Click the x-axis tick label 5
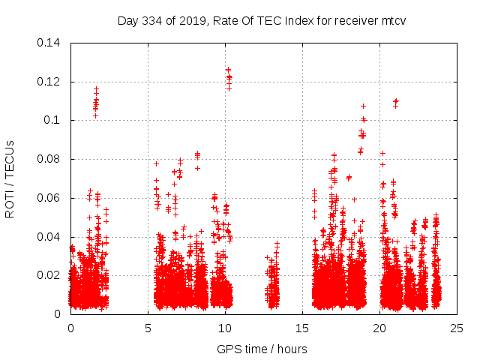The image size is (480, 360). pyautogui.click(x=148, y=328)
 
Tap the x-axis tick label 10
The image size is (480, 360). pyautogui.click(x=225, y=328)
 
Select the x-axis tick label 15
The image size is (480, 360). pyautogui.click(x=302, y=328)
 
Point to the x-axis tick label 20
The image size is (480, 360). pyautogui.click(x=380, y=328)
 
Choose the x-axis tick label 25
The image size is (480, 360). pyautogui.click(x=457, y=328)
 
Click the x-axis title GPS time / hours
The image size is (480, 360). pyautogui.click(x=262, y=349)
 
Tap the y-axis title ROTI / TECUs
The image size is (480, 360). pyautogui.click(x=10, y=178)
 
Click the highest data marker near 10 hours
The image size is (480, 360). pyautogui.click(x=228, y=70)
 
